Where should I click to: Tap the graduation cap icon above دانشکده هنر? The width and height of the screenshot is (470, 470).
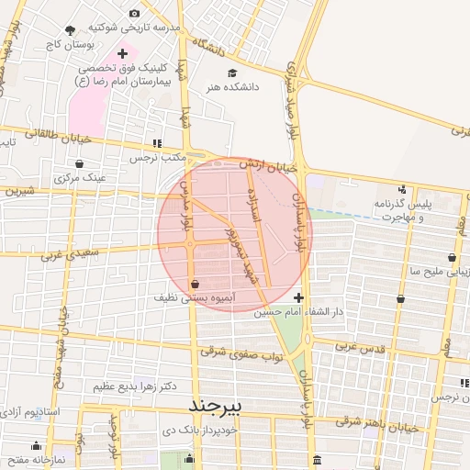[232, 73]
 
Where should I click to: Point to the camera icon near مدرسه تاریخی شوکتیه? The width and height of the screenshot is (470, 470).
[135, 13]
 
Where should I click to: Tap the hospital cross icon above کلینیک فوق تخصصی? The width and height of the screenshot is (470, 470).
[122, 54]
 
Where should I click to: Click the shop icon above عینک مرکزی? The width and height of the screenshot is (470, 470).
[81, 163]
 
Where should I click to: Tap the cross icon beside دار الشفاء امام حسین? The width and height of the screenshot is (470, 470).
[298, 297]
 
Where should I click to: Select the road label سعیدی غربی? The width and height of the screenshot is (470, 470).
[66, 252]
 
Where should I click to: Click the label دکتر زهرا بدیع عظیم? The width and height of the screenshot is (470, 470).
[134, 386]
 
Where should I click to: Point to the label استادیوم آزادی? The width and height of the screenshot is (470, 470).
[31, 411]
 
